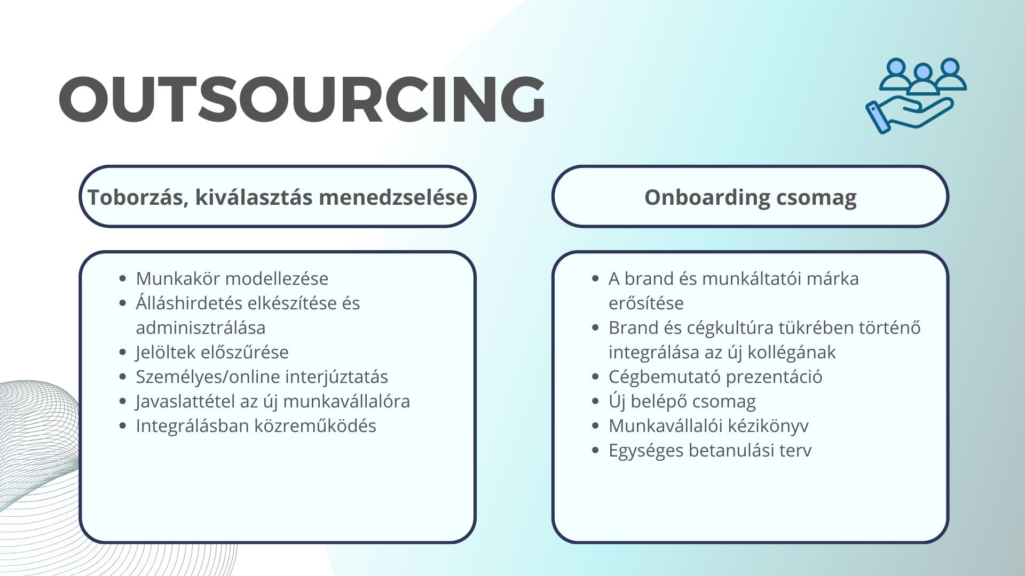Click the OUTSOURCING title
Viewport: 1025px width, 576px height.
tap(302, 100)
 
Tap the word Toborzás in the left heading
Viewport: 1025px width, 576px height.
tap(137, 198)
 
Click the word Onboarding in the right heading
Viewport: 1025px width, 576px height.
tap(706, 198)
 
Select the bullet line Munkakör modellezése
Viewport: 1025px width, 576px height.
tap(232, 278)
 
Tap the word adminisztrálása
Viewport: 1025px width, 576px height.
tap(201, 327)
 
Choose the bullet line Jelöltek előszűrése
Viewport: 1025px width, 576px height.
tap(212, 352)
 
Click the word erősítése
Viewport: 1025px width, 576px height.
tap(646, 303)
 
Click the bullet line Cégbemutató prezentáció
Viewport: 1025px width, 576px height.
tap(715, 377)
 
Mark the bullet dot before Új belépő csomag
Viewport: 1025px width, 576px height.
tap(596, 402)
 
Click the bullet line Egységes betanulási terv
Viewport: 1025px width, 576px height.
tap(710, 451)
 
